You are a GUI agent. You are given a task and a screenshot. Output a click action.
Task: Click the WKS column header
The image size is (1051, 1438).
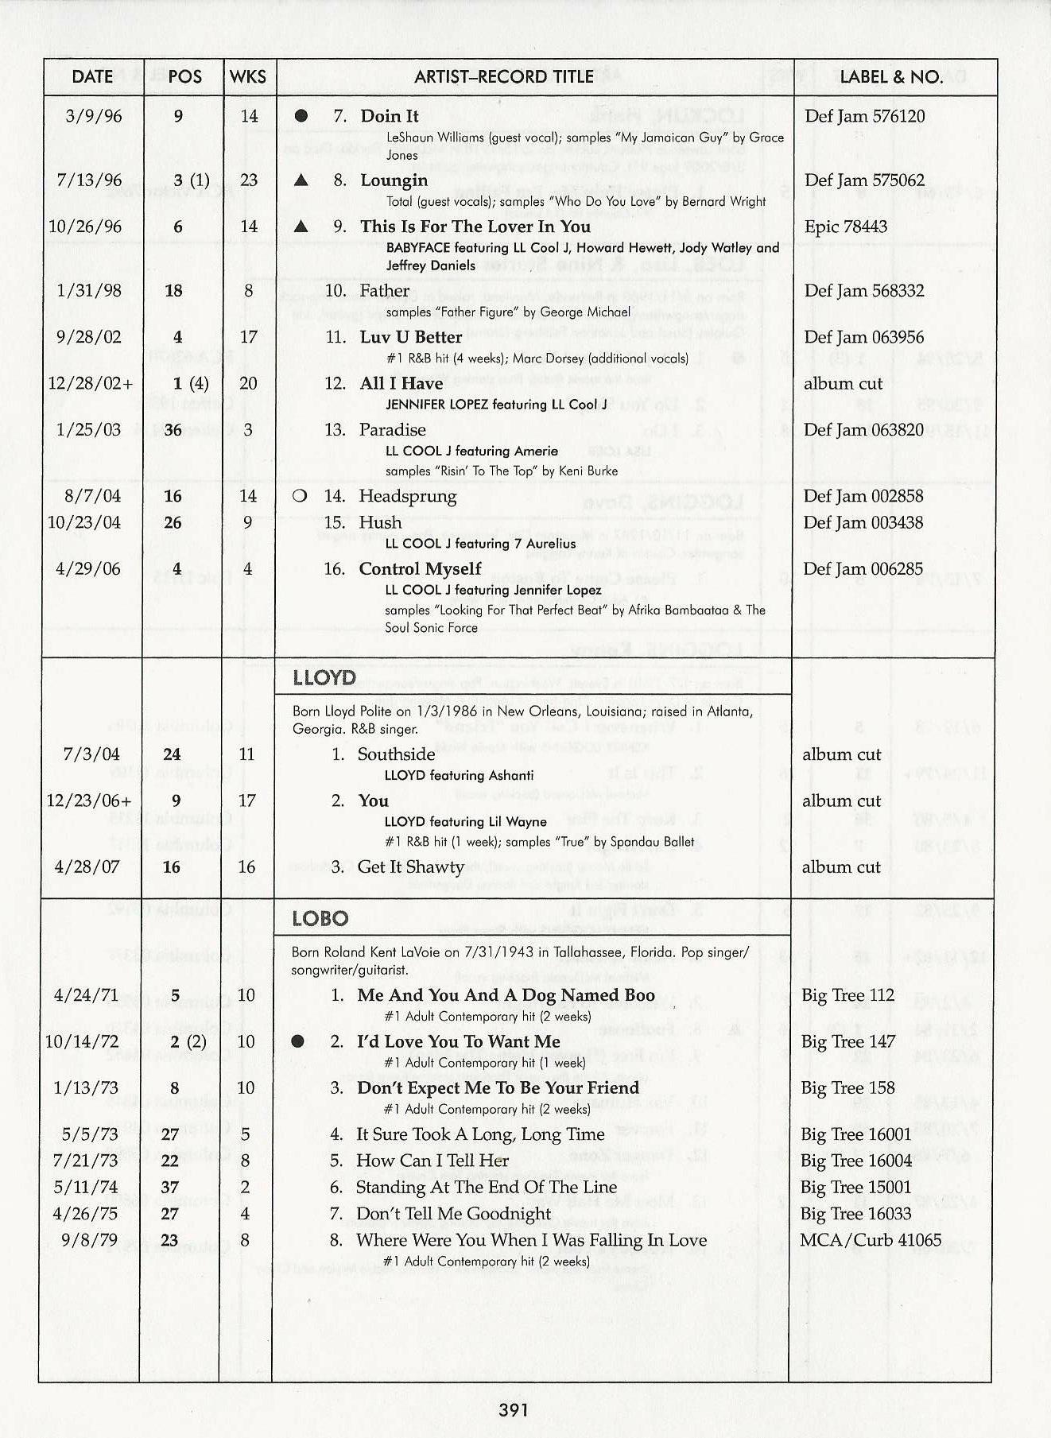point(248,77)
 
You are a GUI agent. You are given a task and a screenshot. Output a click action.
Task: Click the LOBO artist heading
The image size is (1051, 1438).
point(320,919)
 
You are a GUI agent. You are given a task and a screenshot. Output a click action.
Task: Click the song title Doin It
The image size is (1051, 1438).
point(390,116)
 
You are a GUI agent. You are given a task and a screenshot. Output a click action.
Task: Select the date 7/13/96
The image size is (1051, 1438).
point(89,180)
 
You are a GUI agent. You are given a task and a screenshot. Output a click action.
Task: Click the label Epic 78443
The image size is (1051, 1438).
point(846,227)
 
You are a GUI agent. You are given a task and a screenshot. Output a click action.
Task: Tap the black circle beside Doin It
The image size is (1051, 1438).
point(301,116)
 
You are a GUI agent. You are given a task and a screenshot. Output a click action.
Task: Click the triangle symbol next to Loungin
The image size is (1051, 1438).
point(301,180)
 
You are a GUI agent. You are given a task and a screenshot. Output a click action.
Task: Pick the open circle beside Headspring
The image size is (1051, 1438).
point(300,497)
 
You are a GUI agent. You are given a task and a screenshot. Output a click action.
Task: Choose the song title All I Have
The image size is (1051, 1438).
point(401,383)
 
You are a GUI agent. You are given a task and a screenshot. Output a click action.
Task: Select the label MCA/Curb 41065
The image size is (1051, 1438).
point(871,1240)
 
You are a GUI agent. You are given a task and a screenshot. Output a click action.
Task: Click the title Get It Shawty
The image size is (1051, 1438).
point(410,866)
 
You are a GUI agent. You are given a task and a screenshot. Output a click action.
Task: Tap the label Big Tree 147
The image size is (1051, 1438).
point(847,1041)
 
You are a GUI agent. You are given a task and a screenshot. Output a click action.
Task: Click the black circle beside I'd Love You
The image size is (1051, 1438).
point(298,1041)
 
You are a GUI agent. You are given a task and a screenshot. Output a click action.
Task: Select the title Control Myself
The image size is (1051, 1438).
point(420,569)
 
